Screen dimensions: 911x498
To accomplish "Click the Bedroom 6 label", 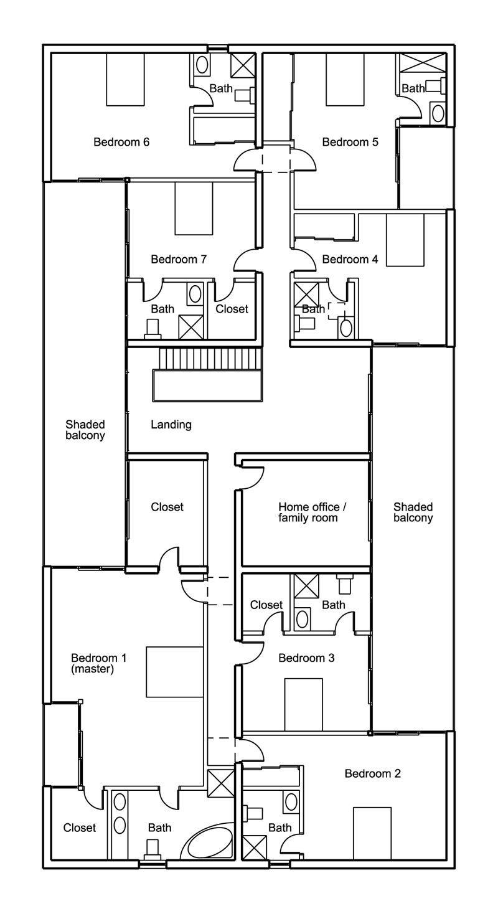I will (x=121, y=142).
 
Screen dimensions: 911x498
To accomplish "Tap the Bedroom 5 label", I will (x=350, y=142).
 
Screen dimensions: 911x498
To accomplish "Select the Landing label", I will (x=171, y=425).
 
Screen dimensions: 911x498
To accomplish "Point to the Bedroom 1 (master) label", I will (x=98, y=663).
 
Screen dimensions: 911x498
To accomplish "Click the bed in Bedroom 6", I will (x=125, y=79).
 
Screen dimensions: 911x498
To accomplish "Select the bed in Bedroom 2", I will (x=372, y=833).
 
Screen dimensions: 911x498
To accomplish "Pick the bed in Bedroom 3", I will (x=303, y=704).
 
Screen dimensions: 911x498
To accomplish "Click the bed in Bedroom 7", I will (x=194, y=208).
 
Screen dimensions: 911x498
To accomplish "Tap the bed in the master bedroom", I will (x=175, y=672).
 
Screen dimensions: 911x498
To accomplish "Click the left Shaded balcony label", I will (x=85, y=430).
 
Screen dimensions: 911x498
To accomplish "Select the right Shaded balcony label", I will (x=413, y=512).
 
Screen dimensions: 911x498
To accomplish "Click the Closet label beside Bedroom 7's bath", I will (x=232, y=309).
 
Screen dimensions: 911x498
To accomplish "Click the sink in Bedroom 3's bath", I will (x=303, y=618).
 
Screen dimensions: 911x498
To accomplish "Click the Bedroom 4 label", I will (x=350, y=259).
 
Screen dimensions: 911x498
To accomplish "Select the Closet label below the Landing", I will (x=167, y=507).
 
